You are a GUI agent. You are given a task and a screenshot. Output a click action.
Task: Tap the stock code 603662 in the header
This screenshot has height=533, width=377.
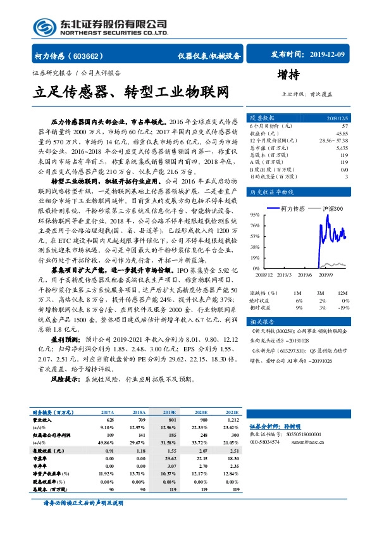(97, 55)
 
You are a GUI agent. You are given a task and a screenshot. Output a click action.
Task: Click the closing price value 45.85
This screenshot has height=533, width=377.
(341, 134)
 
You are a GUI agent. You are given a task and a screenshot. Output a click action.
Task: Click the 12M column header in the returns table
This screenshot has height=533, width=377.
(342, 293)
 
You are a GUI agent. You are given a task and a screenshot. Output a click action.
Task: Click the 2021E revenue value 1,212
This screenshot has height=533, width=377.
(232, 420)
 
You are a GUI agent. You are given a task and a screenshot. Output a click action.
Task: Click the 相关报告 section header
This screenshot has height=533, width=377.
(261, 322)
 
